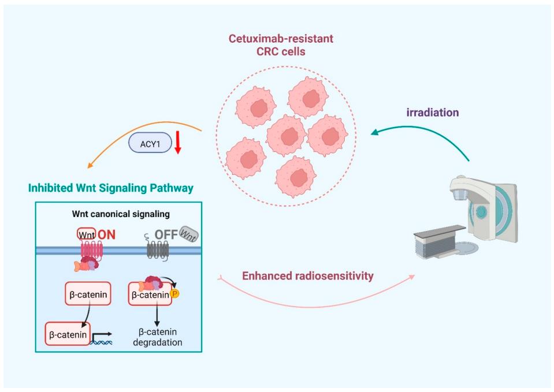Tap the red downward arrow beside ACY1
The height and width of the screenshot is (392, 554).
tap(178, 144)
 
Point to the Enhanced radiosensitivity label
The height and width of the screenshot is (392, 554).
tap(307, 276)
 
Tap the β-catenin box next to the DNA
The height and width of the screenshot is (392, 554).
tap(68, 334)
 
